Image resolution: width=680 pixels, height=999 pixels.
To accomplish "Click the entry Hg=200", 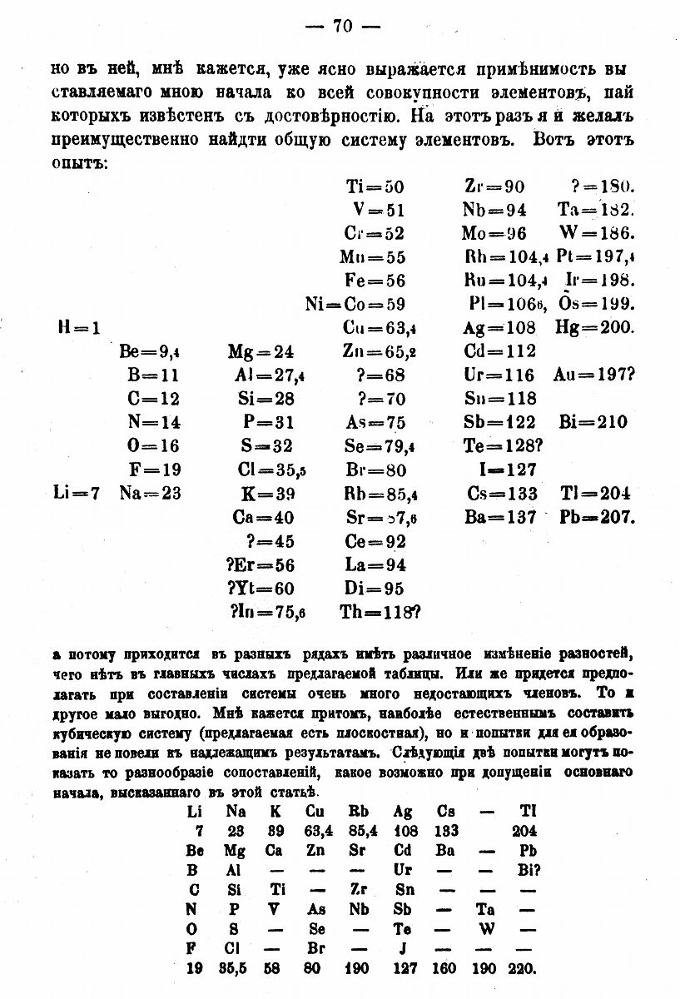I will pyautogui.click(x=595, y=328).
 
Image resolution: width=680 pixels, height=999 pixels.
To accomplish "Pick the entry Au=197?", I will pyautogui.click(x=594, y=375).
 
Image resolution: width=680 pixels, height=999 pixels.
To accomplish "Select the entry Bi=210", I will pyautogui.click(x=593, y=422).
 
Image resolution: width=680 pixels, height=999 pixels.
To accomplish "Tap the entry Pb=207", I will pyautogui.click(x=598, y=517).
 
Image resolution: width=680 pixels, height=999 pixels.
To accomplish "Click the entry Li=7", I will pyautogui.click(x=76, y=493).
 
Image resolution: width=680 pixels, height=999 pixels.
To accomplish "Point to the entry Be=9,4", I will pyautogui.click(x=150, y=351).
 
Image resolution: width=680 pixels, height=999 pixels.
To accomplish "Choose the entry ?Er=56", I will pyautogui.click(x=261, y=565).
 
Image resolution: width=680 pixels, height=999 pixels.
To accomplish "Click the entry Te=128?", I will pyautogui.click(x=503, y=446).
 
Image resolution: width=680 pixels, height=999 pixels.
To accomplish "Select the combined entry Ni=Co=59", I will pyautogui.click(x=355, y=305).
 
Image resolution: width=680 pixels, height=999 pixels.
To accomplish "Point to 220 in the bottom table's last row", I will pyautogui.click(x=525, y=969).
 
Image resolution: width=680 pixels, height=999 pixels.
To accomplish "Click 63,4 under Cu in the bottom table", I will pyautogui.click(x=319, y=831).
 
